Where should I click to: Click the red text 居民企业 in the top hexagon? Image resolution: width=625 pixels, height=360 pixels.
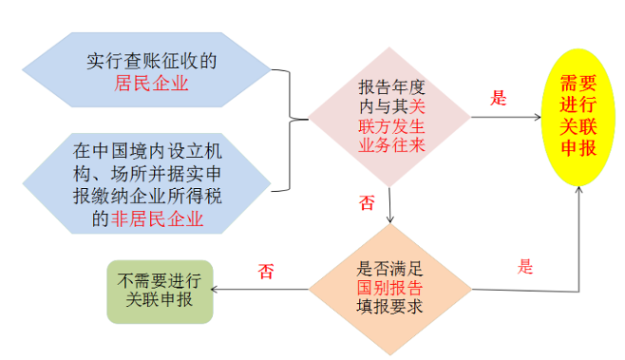pos(151,84)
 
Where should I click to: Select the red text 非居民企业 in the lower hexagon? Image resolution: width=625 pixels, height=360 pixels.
pos(157,218)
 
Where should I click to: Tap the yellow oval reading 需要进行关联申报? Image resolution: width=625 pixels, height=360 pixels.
pos(578,117)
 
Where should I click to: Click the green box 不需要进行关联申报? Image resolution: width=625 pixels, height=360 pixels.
pos(160,292)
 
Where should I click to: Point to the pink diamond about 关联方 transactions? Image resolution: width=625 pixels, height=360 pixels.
pos(389,117)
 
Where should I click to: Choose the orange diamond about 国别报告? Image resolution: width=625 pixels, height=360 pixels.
pos(390,289)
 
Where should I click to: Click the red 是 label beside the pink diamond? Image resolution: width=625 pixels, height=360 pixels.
pos(499,98)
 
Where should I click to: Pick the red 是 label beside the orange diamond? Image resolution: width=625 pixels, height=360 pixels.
pos(525,266)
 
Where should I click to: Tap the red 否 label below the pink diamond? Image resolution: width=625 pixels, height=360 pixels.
pos(367,202)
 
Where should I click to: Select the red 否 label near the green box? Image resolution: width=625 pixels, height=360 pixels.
pos(266,271)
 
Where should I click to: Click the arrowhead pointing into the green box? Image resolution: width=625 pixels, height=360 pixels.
pos(214,289)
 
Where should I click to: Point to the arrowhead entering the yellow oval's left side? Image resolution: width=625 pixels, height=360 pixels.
pos(538,117)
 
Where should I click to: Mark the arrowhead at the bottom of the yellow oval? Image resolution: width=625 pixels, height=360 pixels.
pos(578,189)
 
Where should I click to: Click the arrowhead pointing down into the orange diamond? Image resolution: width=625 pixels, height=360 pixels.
pos(390,219)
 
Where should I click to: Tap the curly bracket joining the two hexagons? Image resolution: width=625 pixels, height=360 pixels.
pos(290,130)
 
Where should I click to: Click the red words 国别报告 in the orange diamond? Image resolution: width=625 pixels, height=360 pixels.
pos(389,288)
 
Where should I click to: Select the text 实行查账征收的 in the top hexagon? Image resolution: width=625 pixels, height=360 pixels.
pos(151,61)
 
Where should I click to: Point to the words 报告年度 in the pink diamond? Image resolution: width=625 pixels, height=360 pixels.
pos(392,87)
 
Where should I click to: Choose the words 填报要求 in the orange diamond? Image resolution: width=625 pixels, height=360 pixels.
pos(389,307)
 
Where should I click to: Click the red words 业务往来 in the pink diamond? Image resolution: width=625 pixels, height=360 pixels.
pos(392,145)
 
